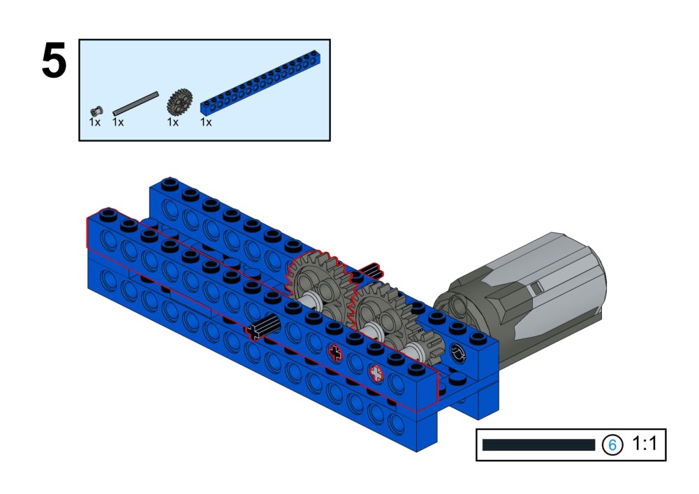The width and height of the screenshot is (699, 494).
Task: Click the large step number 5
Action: [54, 61]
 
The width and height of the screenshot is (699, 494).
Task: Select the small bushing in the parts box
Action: [96, 111]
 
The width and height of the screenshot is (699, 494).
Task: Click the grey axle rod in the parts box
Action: [135, 103]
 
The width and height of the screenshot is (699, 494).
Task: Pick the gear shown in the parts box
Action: [179, 102]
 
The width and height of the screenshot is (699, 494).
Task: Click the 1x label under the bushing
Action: [95, 122]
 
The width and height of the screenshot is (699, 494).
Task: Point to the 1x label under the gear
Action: [173, 122]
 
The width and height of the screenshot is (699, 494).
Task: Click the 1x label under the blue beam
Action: [206, 122]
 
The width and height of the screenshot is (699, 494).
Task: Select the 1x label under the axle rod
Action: [118, 122]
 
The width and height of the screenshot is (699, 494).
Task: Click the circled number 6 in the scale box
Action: [612, 444]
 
